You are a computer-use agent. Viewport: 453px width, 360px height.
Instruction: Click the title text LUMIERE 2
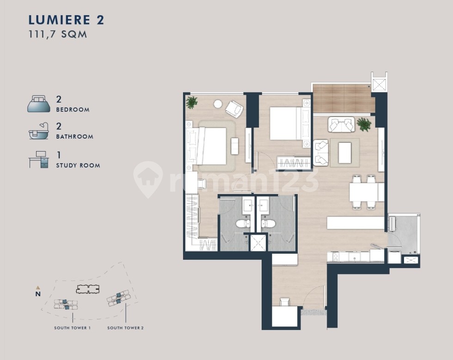[66, 20]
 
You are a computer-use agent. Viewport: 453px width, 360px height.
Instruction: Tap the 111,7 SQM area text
[58, 34]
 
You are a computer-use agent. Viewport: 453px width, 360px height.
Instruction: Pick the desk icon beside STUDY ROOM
[39, 159]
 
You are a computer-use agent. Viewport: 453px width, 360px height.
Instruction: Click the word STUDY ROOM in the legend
[78, 165]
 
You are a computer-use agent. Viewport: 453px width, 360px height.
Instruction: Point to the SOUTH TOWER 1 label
[72, 328]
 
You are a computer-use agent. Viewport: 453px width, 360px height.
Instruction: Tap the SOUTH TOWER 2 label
[125, 328]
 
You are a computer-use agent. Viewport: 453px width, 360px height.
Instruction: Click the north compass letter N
[38, 293]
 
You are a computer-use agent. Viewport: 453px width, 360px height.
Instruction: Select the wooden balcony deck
[343, 98]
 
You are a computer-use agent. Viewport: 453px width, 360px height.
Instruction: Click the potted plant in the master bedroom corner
[191, 102]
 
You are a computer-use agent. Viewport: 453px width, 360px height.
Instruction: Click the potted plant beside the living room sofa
[364, 124]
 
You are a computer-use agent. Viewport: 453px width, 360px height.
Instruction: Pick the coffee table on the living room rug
[345, 153]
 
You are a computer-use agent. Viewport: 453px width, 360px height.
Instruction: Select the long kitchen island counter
[355, 223]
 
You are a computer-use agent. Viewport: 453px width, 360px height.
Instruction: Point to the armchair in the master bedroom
[234, 109]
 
